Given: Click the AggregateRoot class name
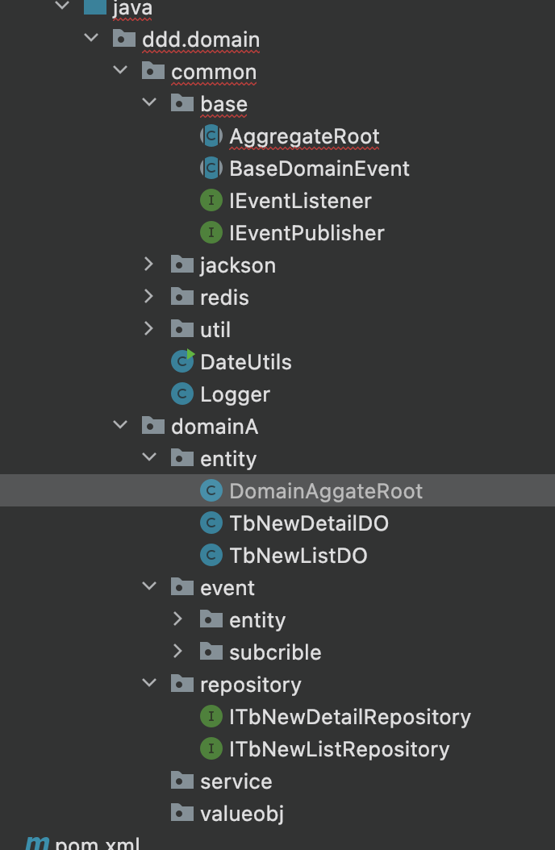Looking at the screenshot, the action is (304, 136).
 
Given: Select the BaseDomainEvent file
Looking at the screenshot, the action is (319, 169).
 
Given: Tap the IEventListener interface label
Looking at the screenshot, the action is (300, 201).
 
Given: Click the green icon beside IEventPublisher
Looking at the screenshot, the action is (211, 233).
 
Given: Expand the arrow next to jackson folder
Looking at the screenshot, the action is (149, 265).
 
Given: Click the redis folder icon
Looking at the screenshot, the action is (182, 297).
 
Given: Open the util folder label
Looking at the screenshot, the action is (215, 330).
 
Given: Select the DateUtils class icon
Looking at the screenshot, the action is (182, 361).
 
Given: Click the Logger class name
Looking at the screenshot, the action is (236, 394).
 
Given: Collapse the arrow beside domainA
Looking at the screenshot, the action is (120, 426).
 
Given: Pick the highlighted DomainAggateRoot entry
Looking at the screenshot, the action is (326, 491).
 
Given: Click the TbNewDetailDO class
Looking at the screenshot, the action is (309, 523).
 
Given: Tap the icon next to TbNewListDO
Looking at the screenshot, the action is (211, 556).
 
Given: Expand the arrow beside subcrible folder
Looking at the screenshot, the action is (177, 652).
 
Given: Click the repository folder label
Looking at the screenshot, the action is (250, 685).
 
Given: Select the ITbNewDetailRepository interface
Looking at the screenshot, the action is (350, 717).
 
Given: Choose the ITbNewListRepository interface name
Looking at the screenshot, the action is (340, 750).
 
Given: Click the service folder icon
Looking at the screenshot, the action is (182, 781).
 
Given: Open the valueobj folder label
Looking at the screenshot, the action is (242, 814).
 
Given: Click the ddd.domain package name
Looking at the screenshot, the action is (201, 40).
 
